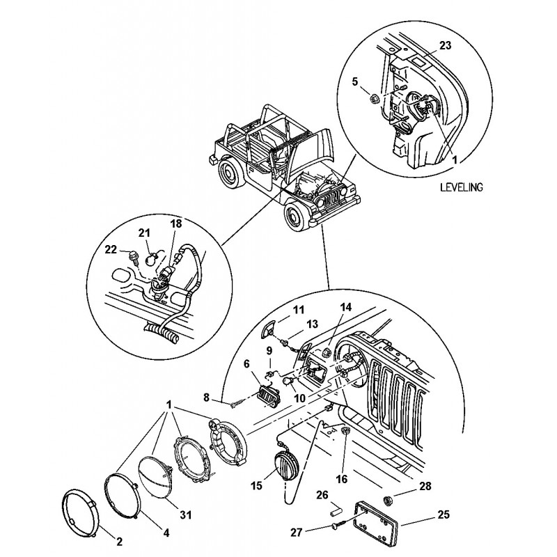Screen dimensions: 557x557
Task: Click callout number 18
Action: pyautogui.click(x=175, y=225)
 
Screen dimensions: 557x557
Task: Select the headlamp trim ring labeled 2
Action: pyautogui.click(x=80, y=512)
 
